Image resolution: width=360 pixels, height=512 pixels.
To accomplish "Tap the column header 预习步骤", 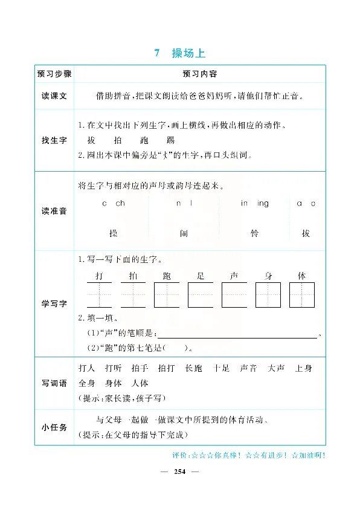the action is click(54, 74).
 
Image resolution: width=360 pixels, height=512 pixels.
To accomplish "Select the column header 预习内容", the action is click(199, 74).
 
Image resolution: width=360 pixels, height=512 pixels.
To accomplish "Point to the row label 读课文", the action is click(54, 96).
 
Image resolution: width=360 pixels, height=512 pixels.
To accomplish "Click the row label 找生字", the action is click(54, 140).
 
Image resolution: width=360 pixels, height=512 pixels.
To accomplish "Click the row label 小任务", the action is click(54, 427).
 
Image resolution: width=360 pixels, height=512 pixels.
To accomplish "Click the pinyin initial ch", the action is click(120, 204).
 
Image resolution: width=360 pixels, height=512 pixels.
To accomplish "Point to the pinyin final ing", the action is click(263, 204).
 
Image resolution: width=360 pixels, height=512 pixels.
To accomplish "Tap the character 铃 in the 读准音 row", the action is click(254, 233).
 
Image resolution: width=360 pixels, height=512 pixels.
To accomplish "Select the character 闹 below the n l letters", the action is click(184, 233).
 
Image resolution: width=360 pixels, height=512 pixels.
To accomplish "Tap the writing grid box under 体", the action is click(301, 295).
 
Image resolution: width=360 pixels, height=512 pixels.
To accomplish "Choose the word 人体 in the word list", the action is click(140, 383).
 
